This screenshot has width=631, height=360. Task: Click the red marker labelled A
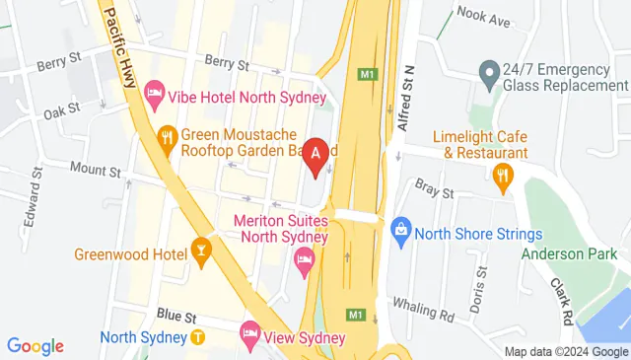pyautogui.click(x=315, y=156)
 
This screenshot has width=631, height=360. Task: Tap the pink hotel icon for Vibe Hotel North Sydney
pyautogui.click(x=154, y=96)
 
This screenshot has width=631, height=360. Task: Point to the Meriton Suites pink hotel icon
pyautogui.click(x=304, y=260)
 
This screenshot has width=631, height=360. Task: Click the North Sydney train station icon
pyautogui.click(x=197, y=336)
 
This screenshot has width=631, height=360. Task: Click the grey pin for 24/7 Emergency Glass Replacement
pyautogui.click(x=488, y=71)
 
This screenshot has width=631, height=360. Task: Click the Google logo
pyautogui.click(x=35, y=346)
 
